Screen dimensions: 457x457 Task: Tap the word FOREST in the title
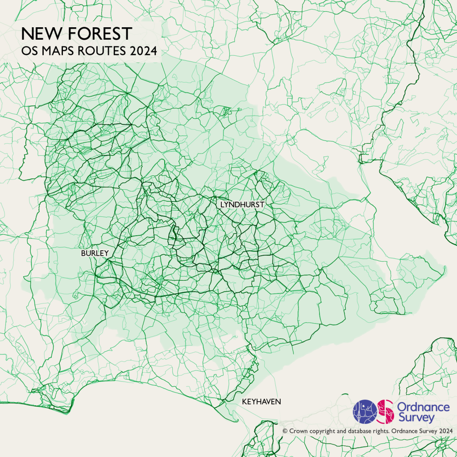(99, 34)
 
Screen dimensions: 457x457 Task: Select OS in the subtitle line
(30, 51)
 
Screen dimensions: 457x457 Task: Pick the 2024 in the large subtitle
(143, 51)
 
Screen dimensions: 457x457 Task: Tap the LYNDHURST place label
(242, 204)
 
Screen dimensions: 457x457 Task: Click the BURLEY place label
(95, 253)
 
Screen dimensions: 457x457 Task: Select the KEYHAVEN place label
(261, 402)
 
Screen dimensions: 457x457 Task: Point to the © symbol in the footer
(285, 431)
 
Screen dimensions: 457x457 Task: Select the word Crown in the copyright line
(299, 431)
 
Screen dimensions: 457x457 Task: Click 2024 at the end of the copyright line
(445, 431)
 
